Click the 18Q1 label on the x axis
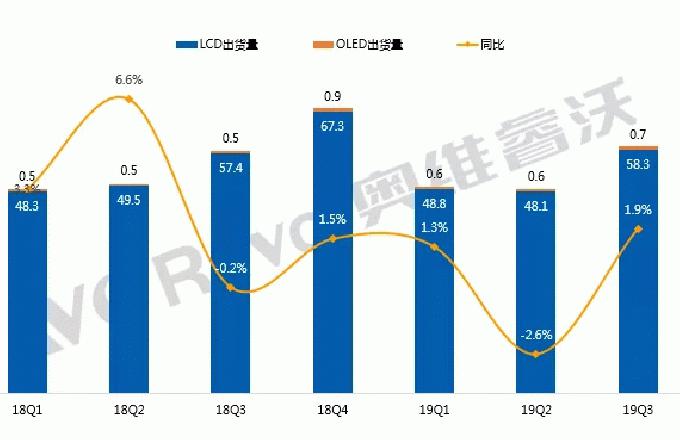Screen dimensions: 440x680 click(27, 410)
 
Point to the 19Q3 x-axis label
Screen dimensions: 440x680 click(638, 410)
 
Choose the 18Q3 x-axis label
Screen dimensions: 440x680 click(230, 410)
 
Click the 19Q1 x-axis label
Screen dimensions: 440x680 click(435, 410)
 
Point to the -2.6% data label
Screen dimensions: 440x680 click(537, 334)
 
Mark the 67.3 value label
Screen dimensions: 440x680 click(333, 126)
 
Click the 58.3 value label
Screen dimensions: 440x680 click(638, 164)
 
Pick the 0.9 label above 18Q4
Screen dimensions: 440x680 click(333, 96)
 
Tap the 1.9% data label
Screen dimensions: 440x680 click(637, 210)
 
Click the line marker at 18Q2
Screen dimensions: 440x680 click(129, 98)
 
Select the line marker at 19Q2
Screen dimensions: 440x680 click(536, 353)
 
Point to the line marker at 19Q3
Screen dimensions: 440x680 click(638, 229)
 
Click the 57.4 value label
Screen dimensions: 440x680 click(231, 167)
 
